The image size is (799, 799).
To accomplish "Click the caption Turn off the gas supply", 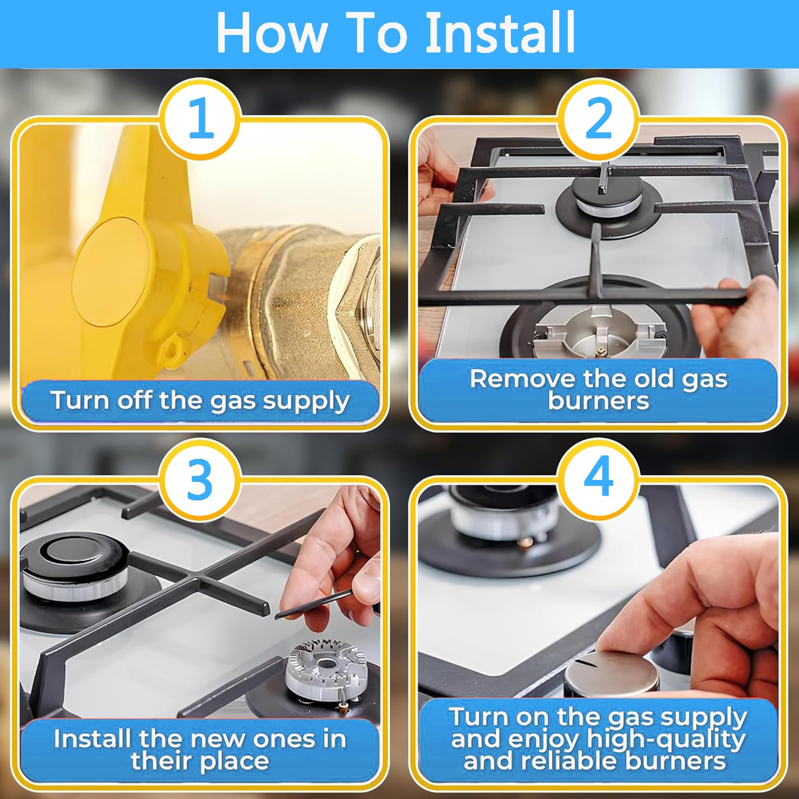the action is pos(200,401).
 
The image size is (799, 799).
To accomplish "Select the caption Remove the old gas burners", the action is pos(598,390).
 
